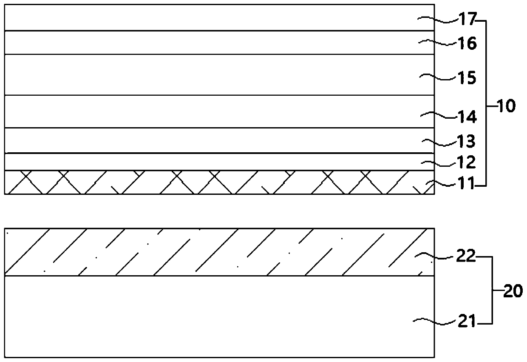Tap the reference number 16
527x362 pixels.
[467, 43]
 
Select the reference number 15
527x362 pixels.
[467, 78]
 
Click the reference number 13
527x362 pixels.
[467, 141]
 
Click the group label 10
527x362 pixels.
[506, 105]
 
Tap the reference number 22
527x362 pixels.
[467, 257]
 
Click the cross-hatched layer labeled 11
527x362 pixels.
[212, 182]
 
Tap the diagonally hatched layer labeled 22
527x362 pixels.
[212, 252]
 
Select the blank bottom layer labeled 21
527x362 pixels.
[212, 317]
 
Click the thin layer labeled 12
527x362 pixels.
[212, 162]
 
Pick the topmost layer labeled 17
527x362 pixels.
[212, 17]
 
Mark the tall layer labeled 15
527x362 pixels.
[212, 75]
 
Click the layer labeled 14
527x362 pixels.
[212, 111]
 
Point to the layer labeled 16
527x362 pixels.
[212, 43]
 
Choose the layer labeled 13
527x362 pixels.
[212, 140]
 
